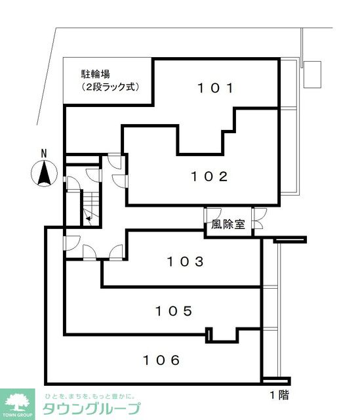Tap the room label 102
[209, 176]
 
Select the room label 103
[184, 262]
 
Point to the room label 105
[174, 310]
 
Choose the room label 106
[161, 360]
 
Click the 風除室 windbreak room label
[228, 224]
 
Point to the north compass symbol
[44, 175]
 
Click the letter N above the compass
[44, 154]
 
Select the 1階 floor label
[279, 395]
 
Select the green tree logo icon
[20, 401]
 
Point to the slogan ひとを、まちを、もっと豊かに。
[89, 396]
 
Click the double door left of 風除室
[207, 219]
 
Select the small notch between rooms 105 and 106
[210, 335]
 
